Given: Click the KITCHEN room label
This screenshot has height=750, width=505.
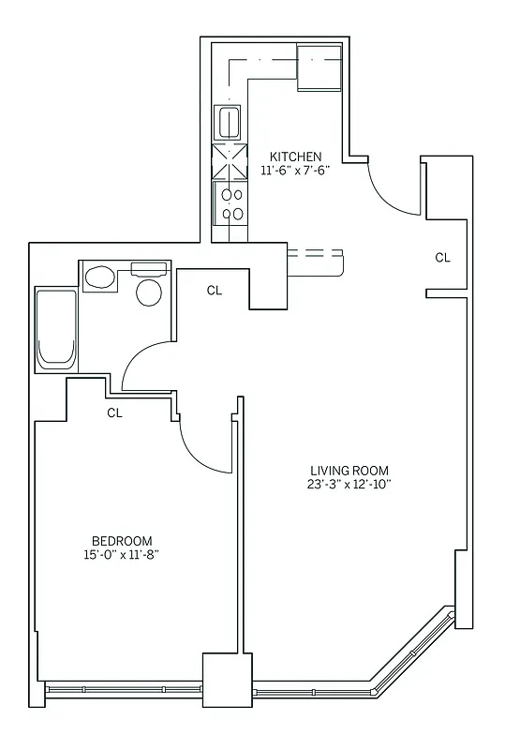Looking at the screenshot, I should pos(296,157).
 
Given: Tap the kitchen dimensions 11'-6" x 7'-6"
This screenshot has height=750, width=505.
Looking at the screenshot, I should pos(296,171).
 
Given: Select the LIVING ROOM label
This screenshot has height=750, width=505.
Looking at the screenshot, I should pos(349,471).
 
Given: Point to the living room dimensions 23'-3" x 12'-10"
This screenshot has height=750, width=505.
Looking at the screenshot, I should pos(349,485).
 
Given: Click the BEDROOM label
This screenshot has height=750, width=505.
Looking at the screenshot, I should pos(122,541).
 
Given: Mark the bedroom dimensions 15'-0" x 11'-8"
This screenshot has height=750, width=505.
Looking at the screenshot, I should pos(122,555).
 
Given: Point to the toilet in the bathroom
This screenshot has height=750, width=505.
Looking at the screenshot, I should pos(99,277).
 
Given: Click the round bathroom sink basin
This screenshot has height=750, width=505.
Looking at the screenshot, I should pos(149,292).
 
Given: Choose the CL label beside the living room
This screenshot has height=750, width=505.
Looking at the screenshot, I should pos(442,257).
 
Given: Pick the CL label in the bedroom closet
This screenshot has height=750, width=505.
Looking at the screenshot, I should pos(115,412).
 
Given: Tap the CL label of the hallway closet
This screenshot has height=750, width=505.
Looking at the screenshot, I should pos(214,291).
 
